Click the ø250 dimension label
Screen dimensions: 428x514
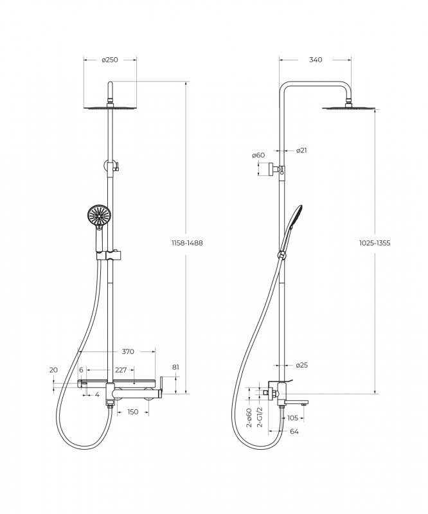(109, 60)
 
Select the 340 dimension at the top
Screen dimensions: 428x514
(316, 60)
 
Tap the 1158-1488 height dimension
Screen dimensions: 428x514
(187, 243)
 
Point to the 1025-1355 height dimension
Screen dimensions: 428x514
(375, 243)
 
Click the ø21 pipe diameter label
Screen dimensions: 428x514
(301, 150)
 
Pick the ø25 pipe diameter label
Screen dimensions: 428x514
(302, 365)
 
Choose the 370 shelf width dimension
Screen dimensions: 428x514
(128, 351)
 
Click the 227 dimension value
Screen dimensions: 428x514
(121, 370)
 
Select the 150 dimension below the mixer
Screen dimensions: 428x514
(132, 412)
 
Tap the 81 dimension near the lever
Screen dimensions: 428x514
(176, 367)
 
